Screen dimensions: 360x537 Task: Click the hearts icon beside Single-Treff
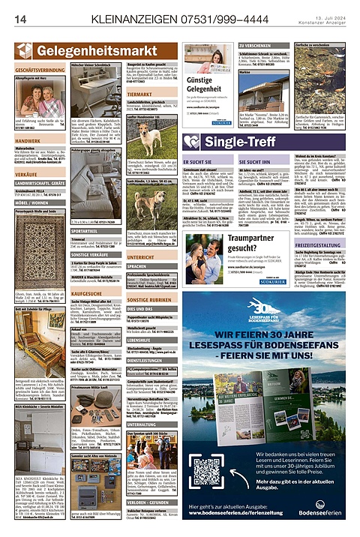193,142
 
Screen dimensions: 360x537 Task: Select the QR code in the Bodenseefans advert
214,473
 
